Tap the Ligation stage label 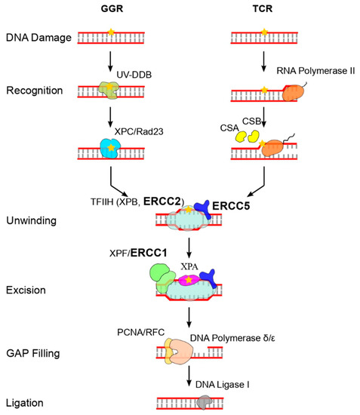pos(28,401)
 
